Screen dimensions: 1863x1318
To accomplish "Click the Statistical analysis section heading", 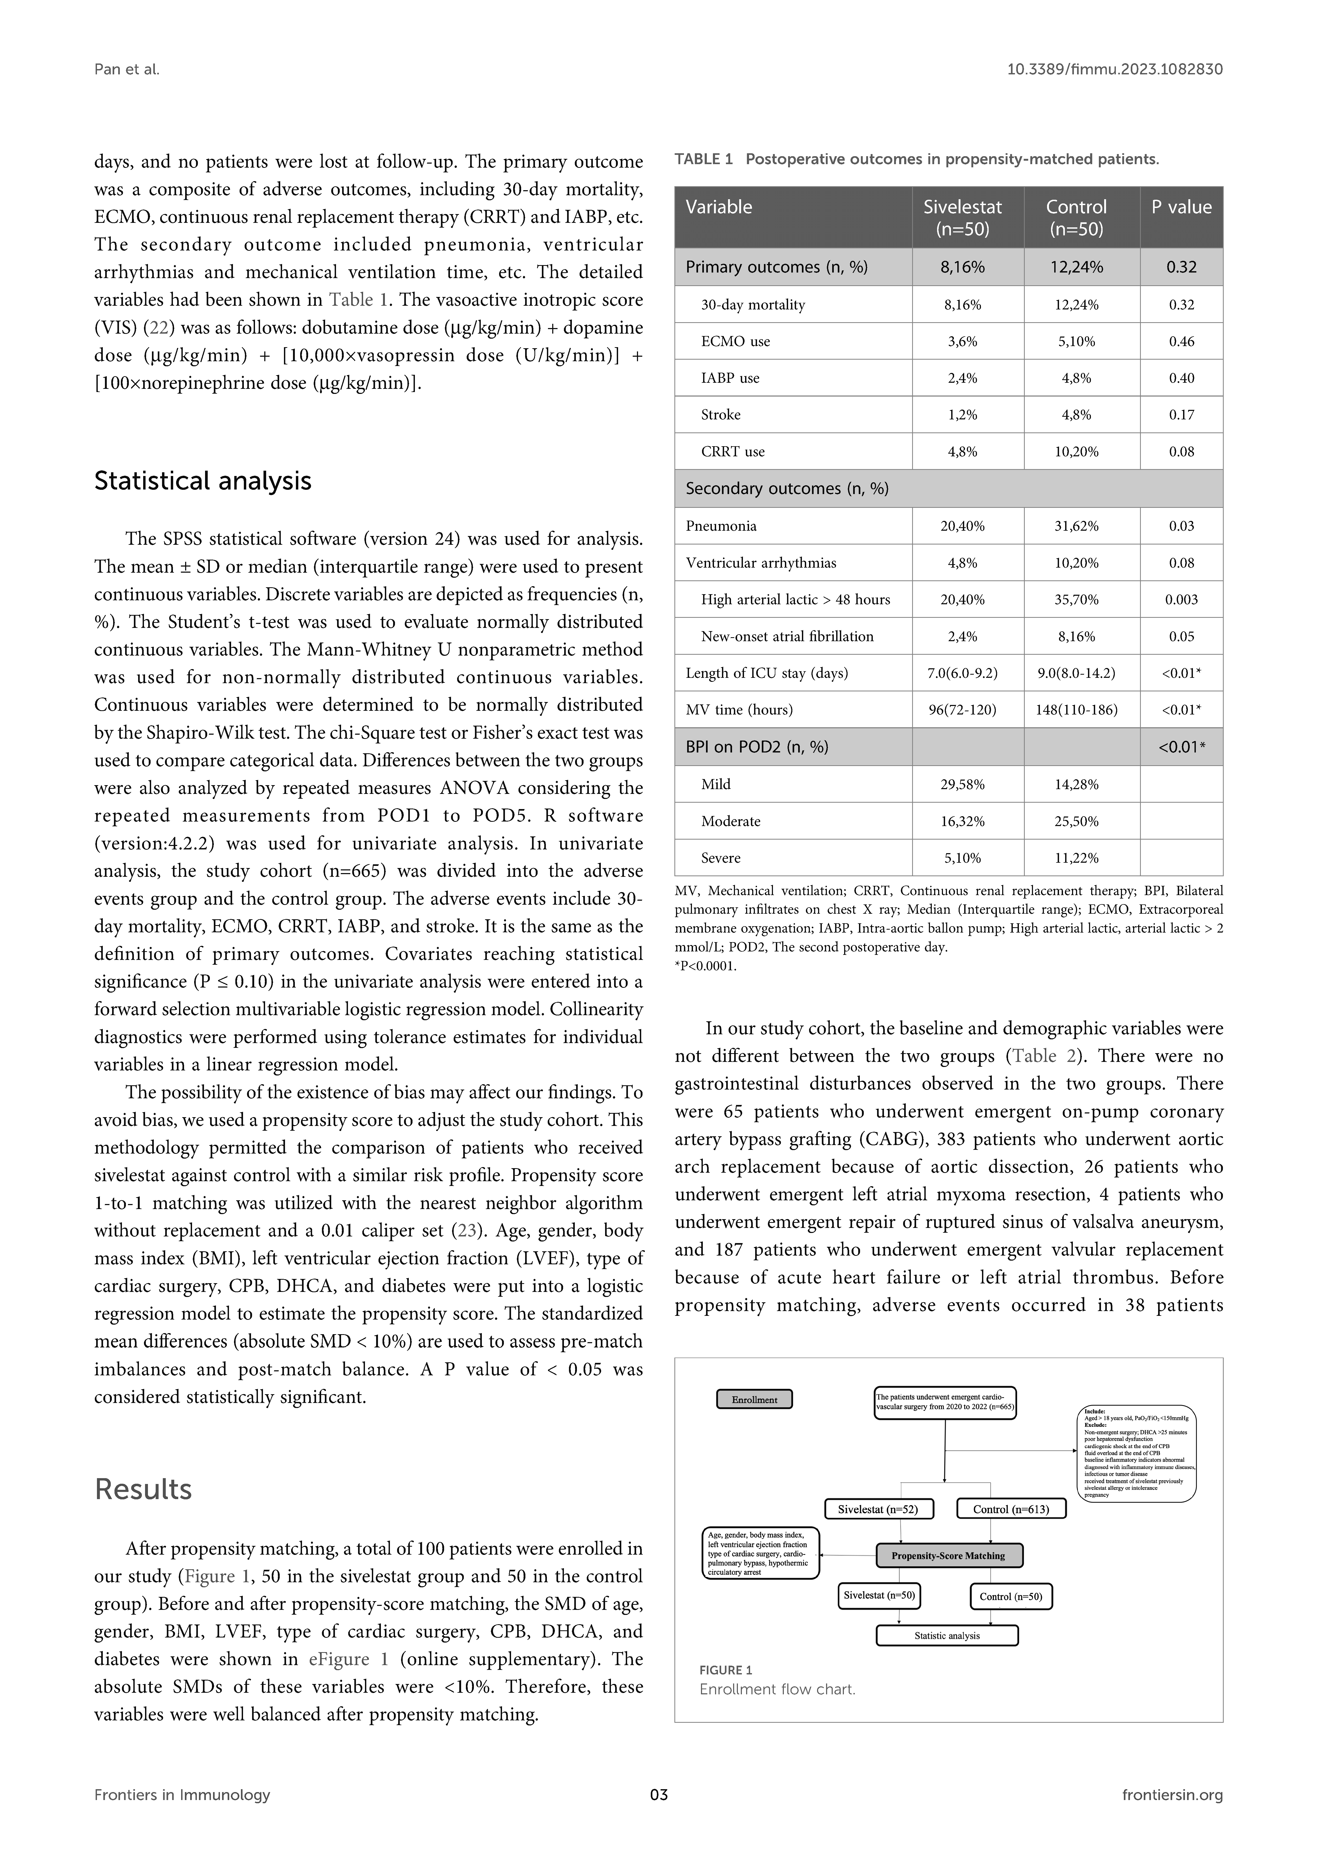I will [x=203, y=481].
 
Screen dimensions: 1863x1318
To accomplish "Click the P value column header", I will [x=1181, y=208].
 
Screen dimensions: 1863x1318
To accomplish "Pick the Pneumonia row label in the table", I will [x=721, y=526].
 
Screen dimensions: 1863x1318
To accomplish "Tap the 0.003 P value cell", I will [x=1181, y=600].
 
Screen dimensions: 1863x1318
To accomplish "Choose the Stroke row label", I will [x=721, y=415].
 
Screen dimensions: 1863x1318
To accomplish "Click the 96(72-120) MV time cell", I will [x=963, y=710].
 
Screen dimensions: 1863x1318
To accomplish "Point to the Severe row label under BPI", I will [x=721, y=858].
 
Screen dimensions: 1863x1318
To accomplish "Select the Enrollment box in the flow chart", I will [x=754, y=1399].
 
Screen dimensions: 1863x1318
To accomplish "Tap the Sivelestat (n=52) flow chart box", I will [x=878, y=1509].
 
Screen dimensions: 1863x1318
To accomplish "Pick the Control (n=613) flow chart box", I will [x=1010, y=1509].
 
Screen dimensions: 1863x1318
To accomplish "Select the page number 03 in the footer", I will [x=659, y=1818].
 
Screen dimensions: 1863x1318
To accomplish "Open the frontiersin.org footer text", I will [x=1172, y=1818].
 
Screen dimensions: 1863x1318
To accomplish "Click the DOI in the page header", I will [x=1114, y=70].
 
